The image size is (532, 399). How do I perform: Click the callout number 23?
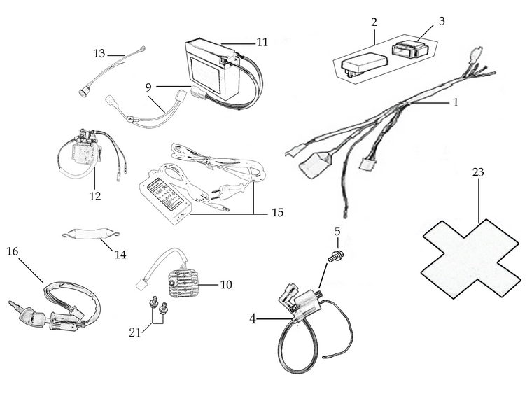pyautogui.click(x=479, y=171)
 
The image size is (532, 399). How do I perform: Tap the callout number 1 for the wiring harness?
pyautogui.click(x=455, y=102)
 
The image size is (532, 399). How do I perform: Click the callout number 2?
pyautogui.click(x=374, y=22)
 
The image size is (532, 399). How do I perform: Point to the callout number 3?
pyautogui.click(x=442, y=20)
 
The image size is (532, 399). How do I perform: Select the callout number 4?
pyautogui.click(x=253, y=318)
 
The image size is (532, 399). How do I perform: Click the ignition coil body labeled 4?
pyautogui.click(x=304, y=305)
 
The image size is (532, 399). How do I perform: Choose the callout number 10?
pyautogui.click(x=225, y=285)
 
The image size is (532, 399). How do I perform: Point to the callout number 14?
pyautogui.click(x=120, y=255)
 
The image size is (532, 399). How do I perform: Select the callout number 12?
pyautogui.click(x=95, y=196)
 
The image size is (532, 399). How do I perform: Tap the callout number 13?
pyautogui.click(x=99, y=53)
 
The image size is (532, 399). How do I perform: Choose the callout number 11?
pyautogui.click(x=262, y=42)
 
